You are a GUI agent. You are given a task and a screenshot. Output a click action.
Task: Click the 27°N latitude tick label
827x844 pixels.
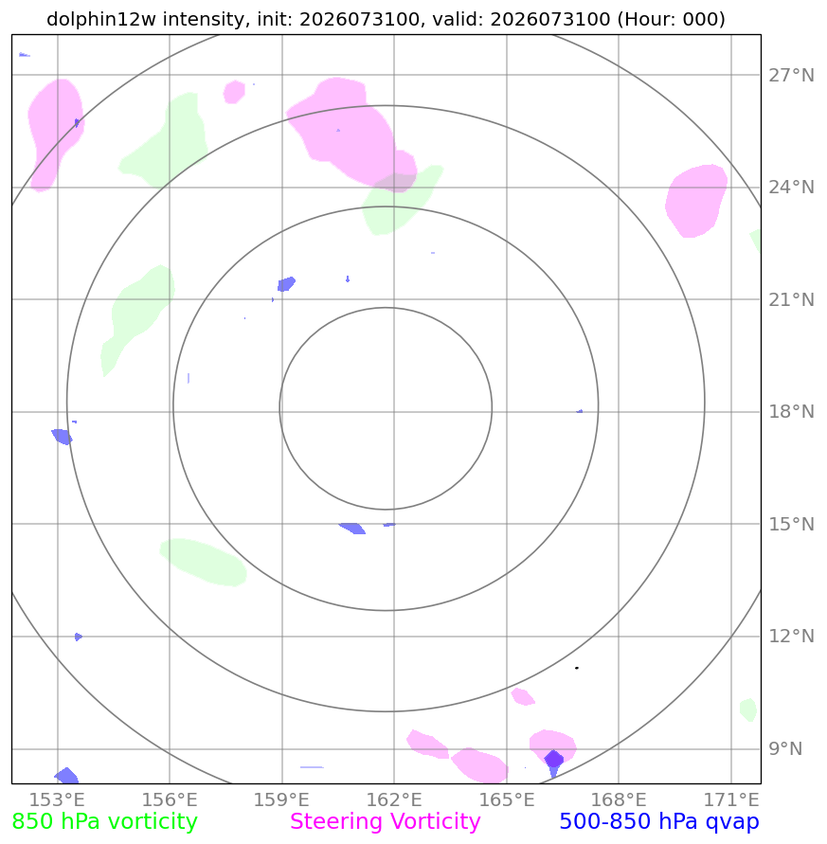[x=791, y=76]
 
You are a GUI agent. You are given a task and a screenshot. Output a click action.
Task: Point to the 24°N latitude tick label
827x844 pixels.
[x=791, y=188]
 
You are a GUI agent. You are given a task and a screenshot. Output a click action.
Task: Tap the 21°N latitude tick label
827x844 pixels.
[x=791, y=300]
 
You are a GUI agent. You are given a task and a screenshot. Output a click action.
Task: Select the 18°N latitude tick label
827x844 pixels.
[x=791, y=412]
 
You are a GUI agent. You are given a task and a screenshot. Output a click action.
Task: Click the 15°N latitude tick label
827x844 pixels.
[x=791, y=524]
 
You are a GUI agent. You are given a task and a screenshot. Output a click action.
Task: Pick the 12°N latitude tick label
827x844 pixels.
[x=791, y=637]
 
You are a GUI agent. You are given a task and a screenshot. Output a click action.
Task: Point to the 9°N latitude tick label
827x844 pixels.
[x=785, y=748]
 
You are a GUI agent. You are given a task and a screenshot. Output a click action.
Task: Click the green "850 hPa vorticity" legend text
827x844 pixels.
[x=104, y=822]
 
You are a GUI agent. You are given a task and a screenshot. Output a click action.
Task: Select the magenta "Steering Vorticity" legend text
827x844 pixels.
[x=385, y=822]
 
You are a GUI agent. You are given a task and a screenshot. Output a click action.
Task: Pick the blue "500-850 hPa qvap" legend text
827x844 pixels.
[x=659, y=822]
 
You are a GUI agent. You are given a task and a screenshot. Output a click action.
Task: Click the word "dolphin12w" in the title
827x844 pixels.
[x=101, y=19]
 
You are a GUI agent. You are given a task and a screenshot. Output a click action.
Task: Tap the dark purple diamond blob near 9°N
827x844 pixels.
[x=553, y=759]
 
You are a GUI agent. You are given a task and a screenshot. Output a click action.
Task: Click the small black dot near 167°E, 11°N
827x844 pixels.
[x=577, y=668]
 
